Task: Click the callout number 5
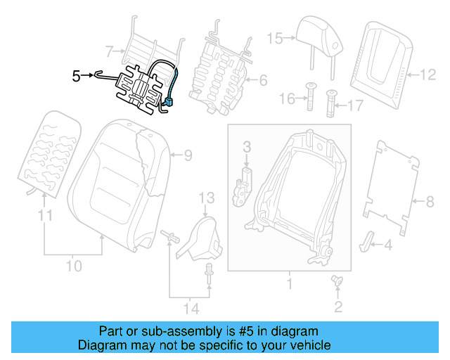[77, 76]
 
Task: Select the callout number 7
[108, 51]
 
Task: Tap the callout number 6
[263, 81]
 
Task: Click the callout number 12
[428, 73]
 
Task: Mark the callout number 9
[188, 155]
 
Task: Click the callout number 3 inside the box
[247, 146]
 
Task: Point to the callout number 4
[387, 245]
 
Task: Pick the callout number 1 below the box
[288, 285]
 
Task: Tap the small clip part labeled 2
[336, 283]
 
